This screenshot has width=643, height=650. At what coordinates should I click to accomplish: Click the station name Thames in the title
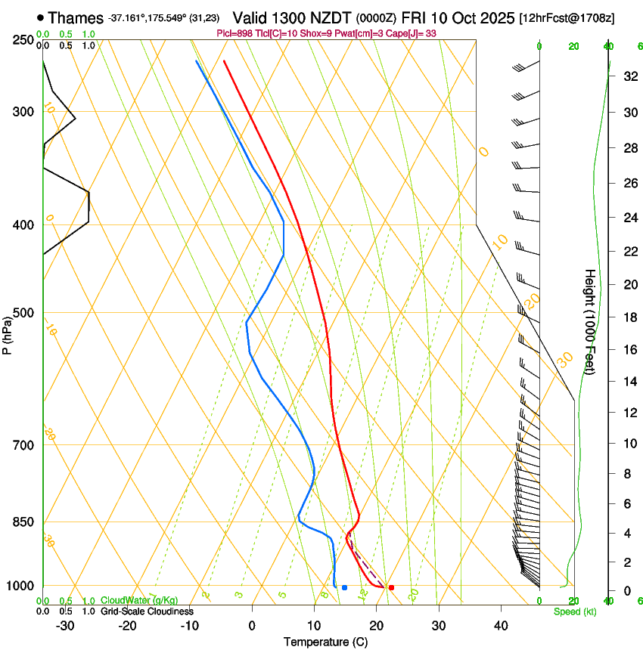pos(76,17)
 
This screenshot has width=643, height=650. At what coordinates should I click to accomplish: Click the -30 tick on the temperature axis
pos(65,625)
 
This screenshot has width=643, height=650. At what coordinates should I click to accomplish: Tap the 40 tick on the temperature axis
pos(501,625)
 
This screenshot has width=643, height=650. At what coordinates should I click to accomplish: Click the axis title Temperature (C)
pos(325,642)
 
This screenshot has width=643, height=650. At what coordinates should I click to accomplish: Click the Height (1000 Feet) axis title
pos(590,321)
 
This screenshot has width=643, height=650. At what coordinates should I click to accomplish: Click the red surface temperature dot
pos(391,587)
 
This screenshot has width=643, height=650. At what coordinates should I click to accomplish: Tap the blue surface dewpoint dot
pos(344,587)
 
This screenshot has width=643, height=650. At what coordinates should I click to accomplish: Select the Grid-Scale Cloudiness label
pos(147,611)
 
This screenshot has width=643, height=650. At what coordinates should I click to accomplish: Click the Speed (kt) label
pos(574,611)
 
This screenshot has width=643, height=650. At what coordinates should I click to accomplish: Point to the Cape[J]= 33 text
pos(417,33)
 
